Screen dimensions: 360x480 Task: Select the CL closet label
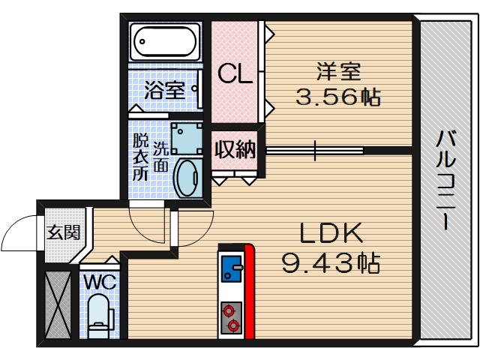(234, 73)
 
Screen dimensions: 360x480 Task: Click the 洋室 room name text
(339, 73)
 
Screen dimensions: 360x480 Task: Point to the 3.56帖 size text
(339, 97)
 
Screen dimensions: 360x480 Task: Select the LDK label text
(332, 235)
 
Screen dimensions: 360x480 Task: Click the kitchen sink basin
(230, 268)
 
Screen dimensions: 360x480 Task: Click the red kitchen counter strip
(249, 292)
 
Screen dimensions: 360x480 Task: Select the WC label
(97, 284)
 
